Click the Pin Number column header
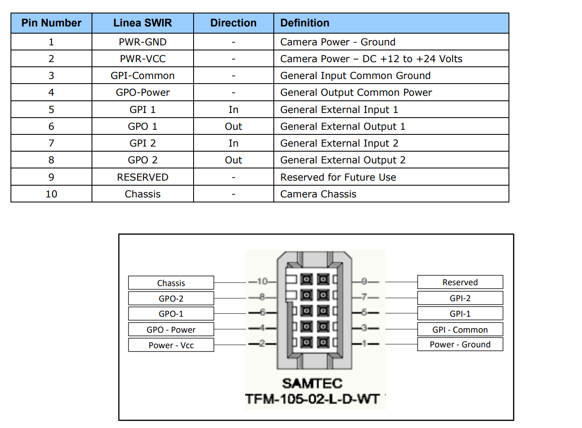(x=51, y=23)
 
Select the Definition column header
(x=391, y=23)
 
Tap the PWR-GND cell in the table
(x=143, y=42)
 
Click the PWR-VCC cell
(x=143, y=59)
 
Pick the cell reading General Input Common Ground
(x=391, y=76)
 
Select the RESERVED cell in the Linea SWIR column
(x=143, y=177)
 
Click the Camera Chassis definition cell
(x=391, y=194)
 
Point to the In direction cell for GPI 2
(x=233, y=143)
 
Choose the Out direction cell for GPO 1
(x=233, y=126)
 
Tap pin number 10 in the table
(x=51, y=194)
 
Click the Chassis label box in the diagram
(x=171, y=283)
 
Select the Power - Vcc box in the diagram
(x=171, y=345)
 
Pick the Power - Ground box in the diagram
(x=460, y=344)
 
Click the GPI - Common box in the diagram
(x=460, y=330)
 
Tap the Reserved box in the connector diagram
(x=460, y=282)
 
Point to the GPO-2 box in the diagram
(x=171, y=298)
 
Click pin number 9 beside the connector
(x=364, y=281)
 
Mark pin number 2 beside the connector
(x=262, y=344)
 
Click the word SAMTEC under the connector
(x=312, y=383)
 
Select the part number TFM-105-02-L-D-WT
(x=312, y=399)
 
